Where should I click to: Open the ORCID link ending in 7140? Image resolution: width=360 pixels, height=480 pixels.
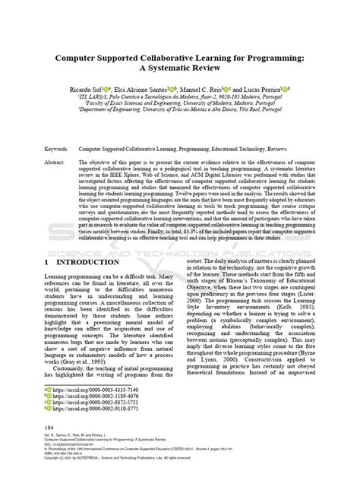(x=84, y=389)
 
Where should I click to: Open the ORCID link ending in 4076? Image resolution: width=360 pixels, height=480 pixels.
(x=84, y=396)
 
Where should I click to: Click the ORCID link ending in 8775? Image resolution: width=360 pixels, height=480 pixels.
(x=84, y=409)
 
